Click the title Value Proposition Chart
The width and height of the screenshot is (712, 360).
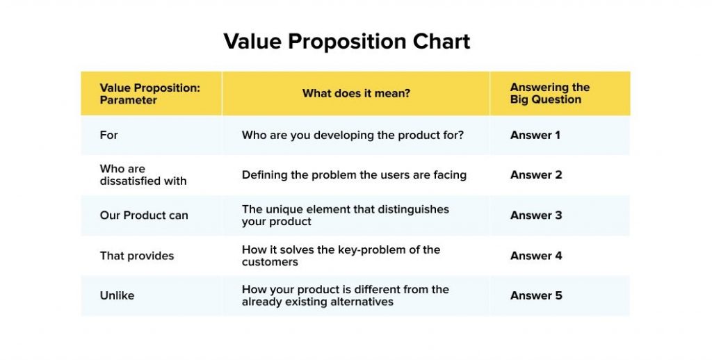[346, 41]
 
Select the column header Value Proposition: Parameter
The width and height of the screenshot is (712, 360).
[149, 94]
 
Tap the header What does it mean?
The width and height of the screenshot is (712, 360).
[356, 93]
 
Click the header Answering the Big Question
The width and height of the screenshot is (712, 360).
[549, 93]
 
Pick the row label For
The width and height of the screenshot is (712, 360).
[109, 135]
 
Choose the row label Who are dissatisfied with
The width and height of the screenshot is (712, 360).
[143, 175]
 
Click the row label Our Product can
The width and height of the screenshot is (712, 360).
[144, 215]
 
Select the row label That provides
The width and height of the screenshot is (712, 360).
[137, 256]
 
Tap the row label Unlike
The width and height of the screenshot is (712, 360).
[117, 295]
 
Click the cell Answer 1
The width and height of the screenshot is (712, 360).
[535, 135]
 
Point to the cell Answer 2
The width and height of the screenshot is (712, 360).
[535, 175]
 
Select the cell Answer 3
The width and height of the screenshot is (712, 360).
[535, 215]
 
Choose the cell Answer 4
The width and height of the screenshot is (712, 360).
[535, 256]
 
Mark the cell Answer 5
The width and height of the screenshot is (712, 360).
[535, 295]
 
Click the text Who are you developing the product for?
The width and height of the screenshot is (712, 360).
[353, 135]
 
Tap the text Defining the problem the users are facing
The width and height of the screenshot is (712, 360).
[354, 175]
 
